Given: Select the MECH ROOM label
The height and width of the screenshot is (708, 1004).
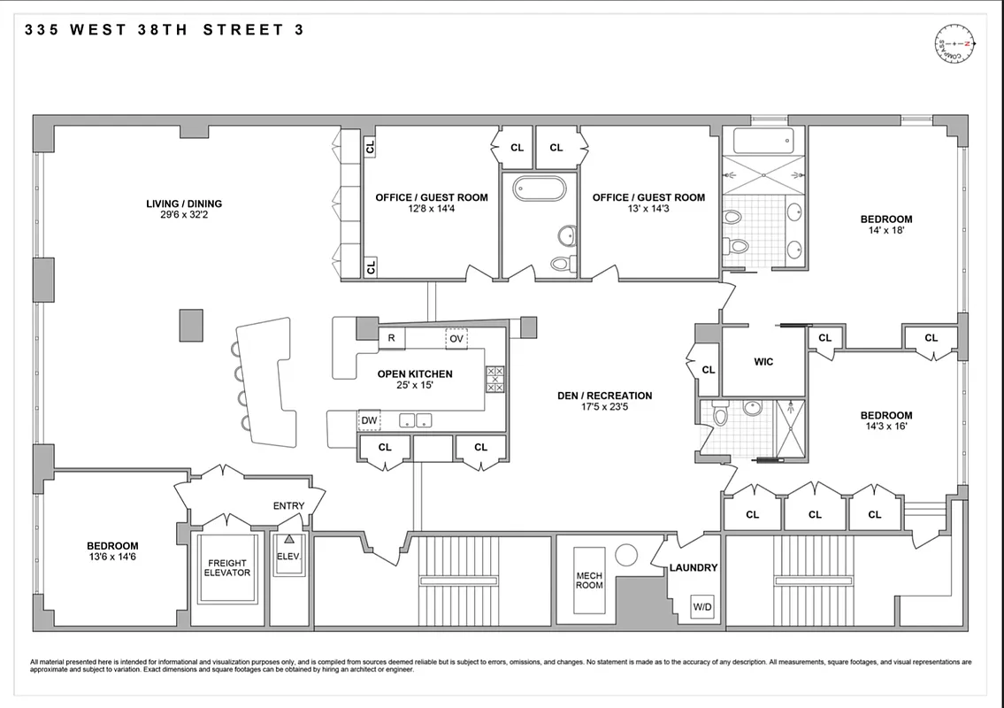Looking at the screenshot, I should click(589, 581).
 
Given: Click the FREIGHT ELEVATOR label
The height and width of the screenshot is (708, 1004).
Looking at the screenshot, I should click(228, 568).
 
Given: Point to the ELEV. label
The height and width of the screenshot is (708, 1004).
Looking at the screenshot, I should click(288, 557).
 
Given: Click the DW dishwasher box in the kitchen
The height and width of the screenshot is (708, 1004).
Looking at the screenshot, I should click(369, 420).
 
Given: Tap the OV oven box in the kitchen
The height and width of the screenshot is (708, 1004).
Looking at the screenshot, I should click(456, 339).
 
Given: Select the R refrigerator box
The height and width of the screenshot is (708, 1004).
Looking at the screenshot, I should click(392, 338).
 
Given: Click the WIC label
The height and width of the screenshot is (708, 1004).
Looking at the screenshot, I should click(763, 361).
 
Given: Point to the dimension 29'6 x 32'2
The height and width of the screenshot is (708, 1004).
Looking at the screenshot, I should click(184, 215).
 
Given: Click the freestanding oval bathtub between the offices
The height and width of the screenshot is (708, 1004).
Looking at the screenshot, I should click(539, 190).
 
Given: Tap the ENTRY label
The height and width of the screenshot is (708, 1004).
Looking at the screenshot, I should click(288, 506).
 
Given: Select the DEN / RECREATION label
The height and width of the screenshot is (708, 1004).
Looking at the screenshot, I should click(604, 396).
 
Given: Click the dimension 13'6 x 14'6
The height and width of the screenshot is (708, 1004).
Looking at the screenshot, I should click(111, 558).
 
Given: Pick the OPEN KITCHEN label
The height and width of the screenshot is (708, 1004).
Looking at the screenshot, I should click(414, 374).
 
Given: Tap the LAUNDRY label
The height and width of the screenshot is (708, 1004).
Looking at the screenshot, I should click(693, 567).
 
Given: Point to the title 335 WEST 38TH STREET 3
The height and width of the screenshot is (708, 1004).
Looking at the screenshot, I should click(165, 29).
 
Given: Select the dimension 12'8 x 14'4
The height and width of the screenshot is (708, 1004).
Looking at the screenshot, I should click(431, 209).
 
